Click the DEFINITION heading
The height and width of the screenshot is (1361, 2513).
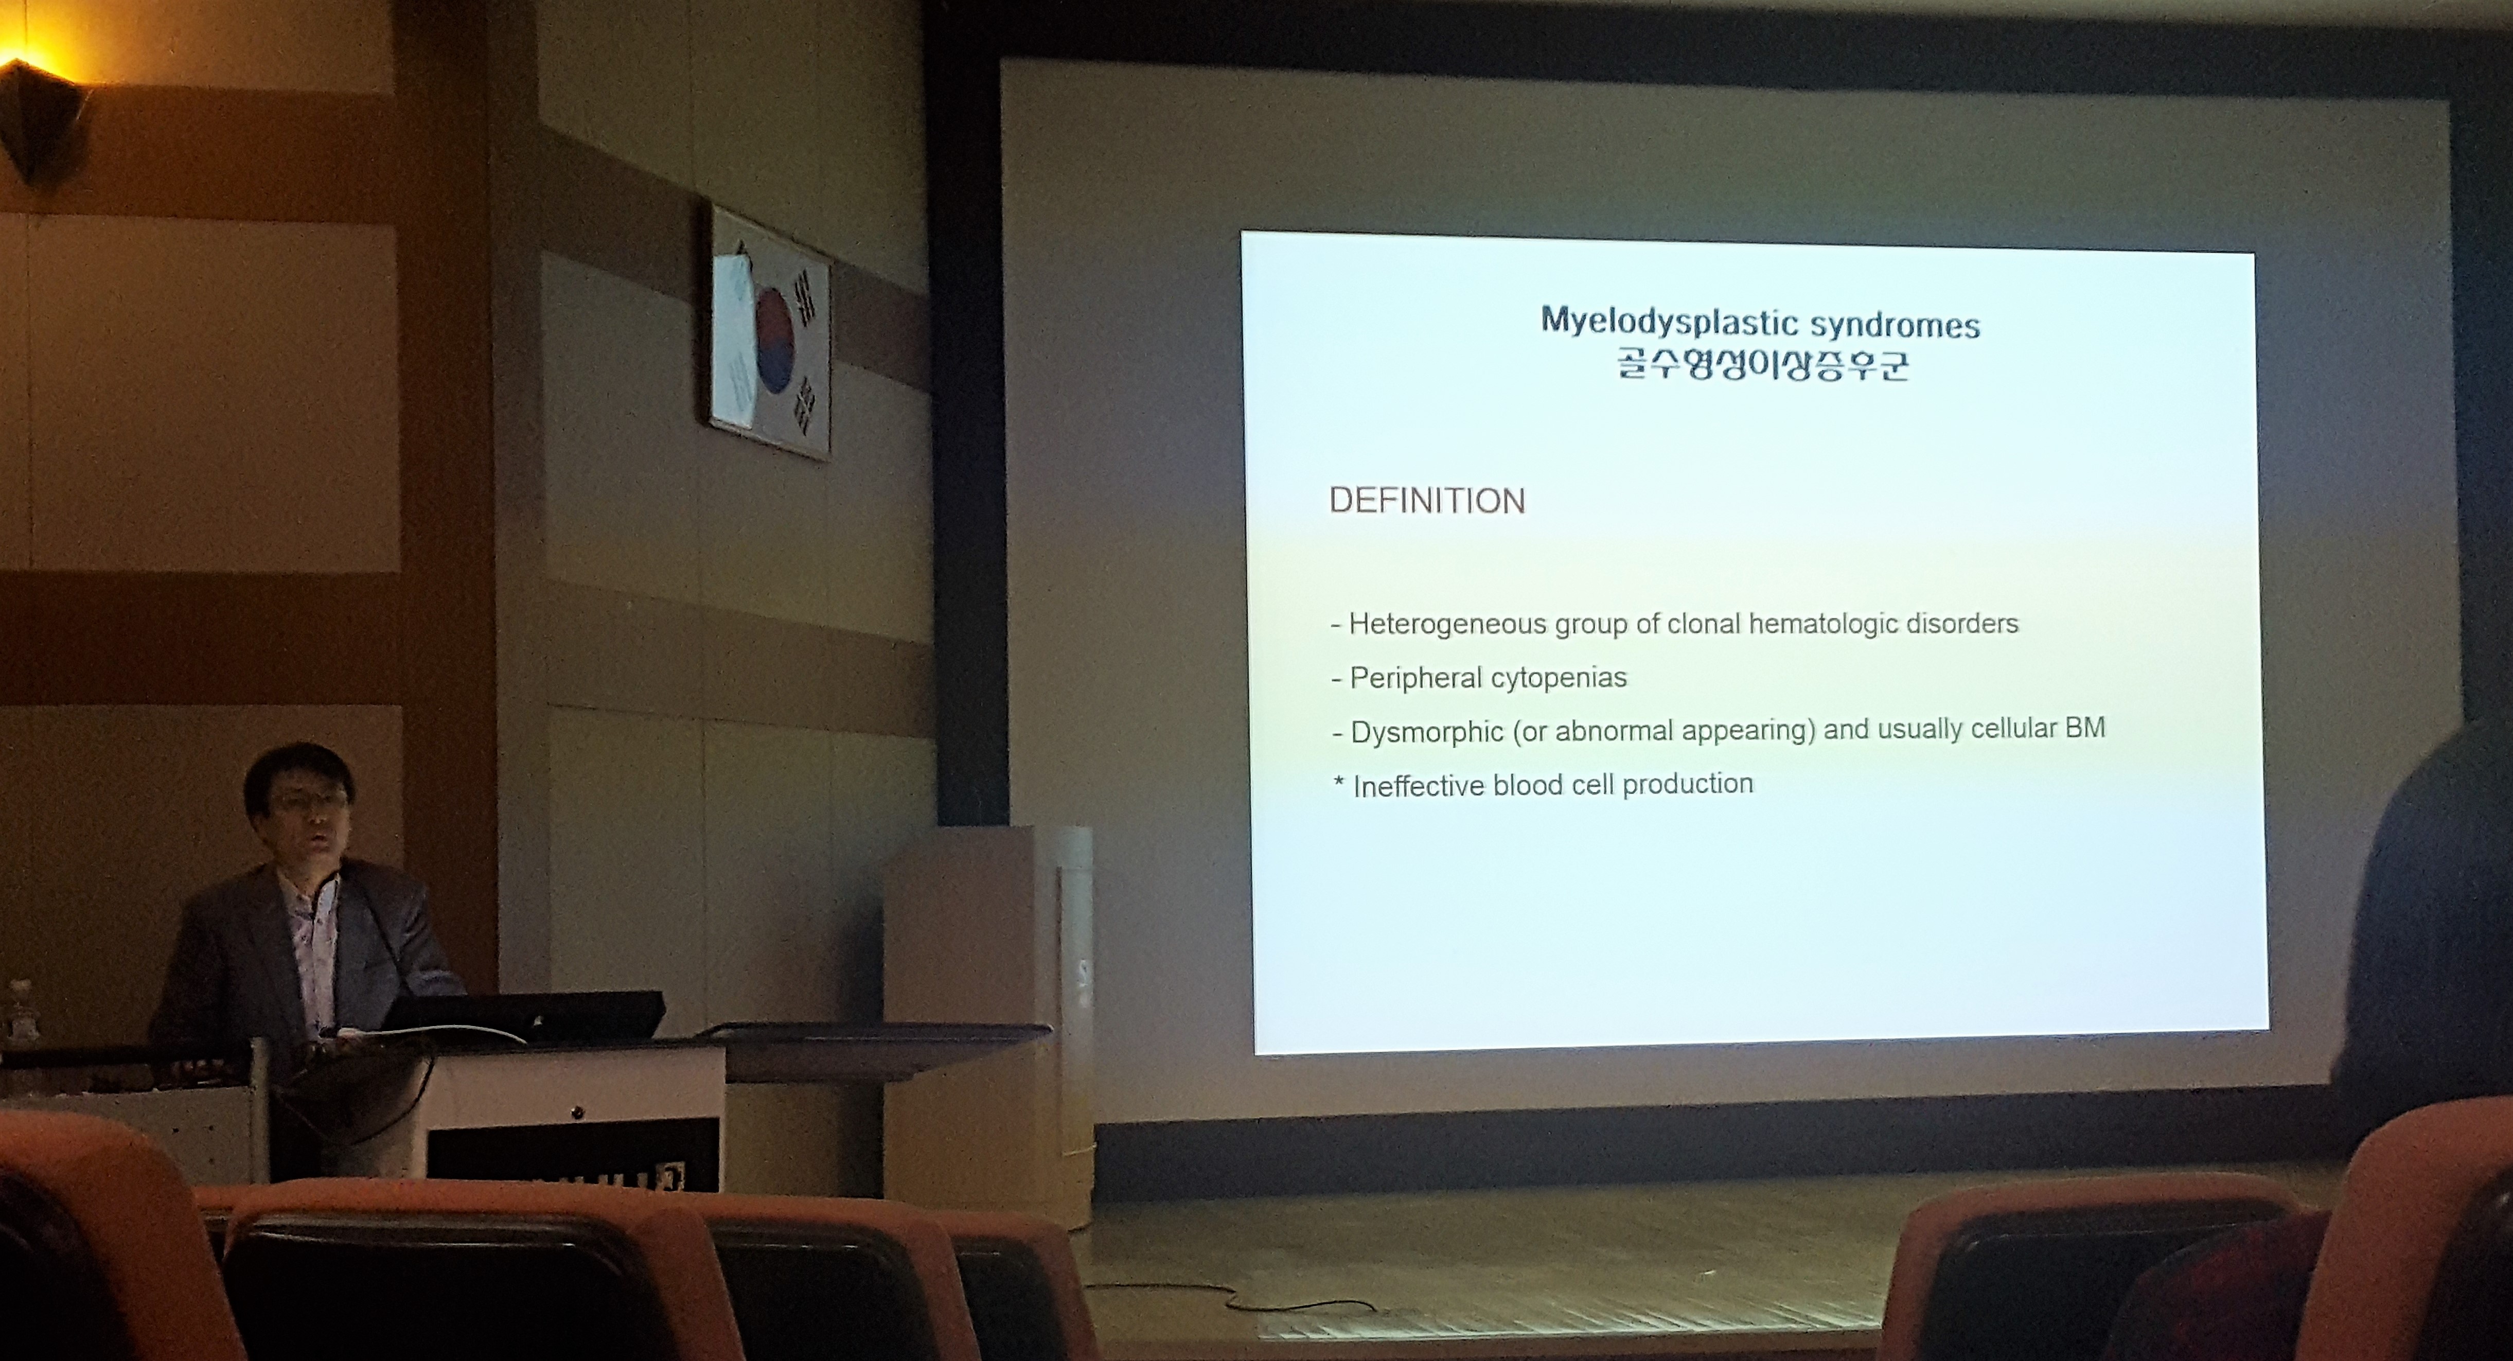point(1427,501)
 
